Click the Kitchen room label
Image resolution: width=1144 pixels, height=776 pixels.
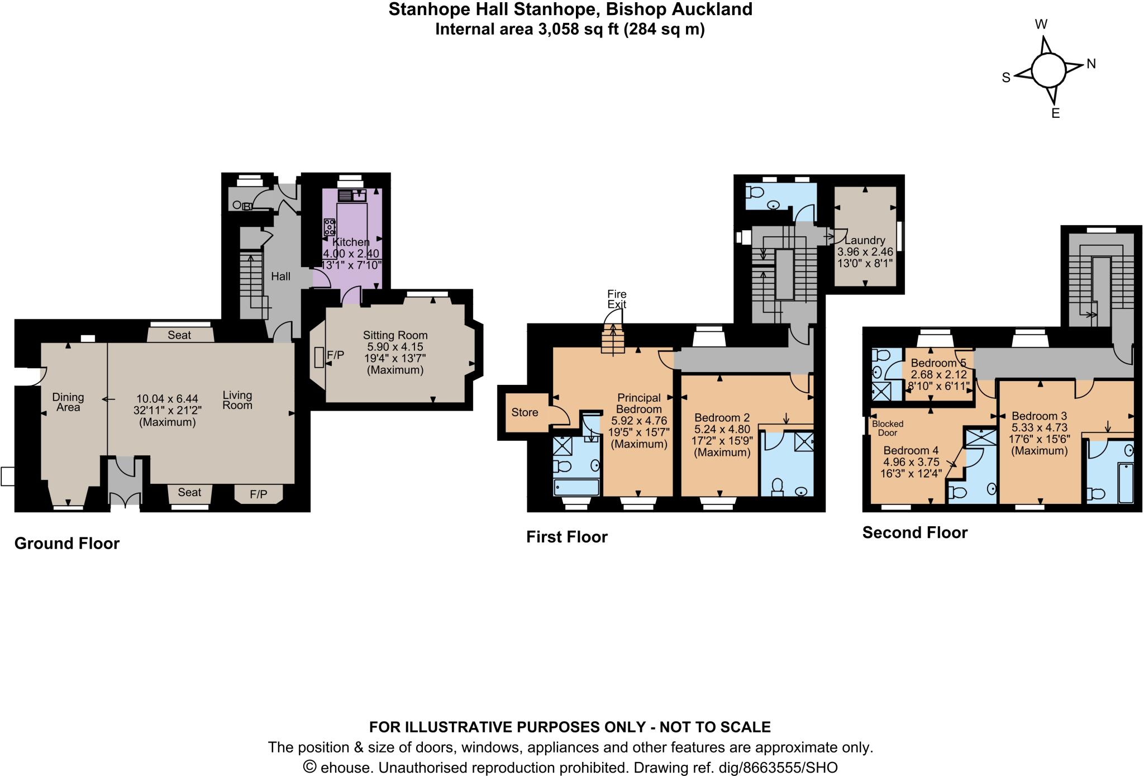pyautogui.click(x=351, y=242)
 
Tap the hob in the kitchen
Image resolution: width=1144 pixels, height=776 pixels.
pyautogui.click(x=330, y=226)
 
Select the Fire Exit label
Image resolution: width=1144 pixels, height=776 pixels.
pyautogui.click(x=617, y=299)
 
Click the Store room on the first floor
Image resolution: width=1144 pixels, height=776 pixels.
pyautogui.click(x=525, y=412)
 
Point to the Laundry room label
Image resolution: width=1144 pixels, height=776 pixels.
pyautogui.click(x=865, y=240)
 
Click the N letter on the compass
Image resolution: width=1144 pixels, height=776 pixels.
pyautogui.click(x=1091, y=64)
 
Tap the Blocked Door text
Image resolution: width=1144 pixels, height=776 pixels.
pyautogui.click(x=887, y=428)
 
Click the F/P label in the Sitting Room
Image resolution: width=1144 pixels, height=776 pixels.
pyautogui.click(x=335, y=354)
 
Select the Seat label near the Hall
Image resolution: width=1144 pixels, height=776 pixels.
pyautogui.click(x=179, y=335)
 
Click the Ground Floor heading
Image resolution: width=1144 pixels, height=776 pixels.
pyautogui.click(x=66, y=543)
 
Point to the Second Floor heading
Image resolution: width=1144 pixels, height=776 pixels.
pyautogui.click(x=914, y=532)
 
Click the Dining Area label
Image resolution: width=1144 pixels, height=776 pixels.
pyautogui.click(x=68, y=402)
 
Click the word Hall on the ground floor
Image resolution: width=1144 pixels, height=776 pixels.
pyautogui.click(x=280, y=276)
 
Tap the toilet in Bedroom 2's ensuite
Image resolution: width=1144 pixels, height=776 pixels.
pyautogui.click(x=776, y=487)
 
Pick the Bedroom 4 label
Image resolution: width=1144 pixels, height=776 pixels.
pyautogui.click(x=911, y=450)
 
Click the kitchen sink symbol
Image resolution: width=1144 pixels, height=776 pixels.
pyautogui.click(x=351, y=195)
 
